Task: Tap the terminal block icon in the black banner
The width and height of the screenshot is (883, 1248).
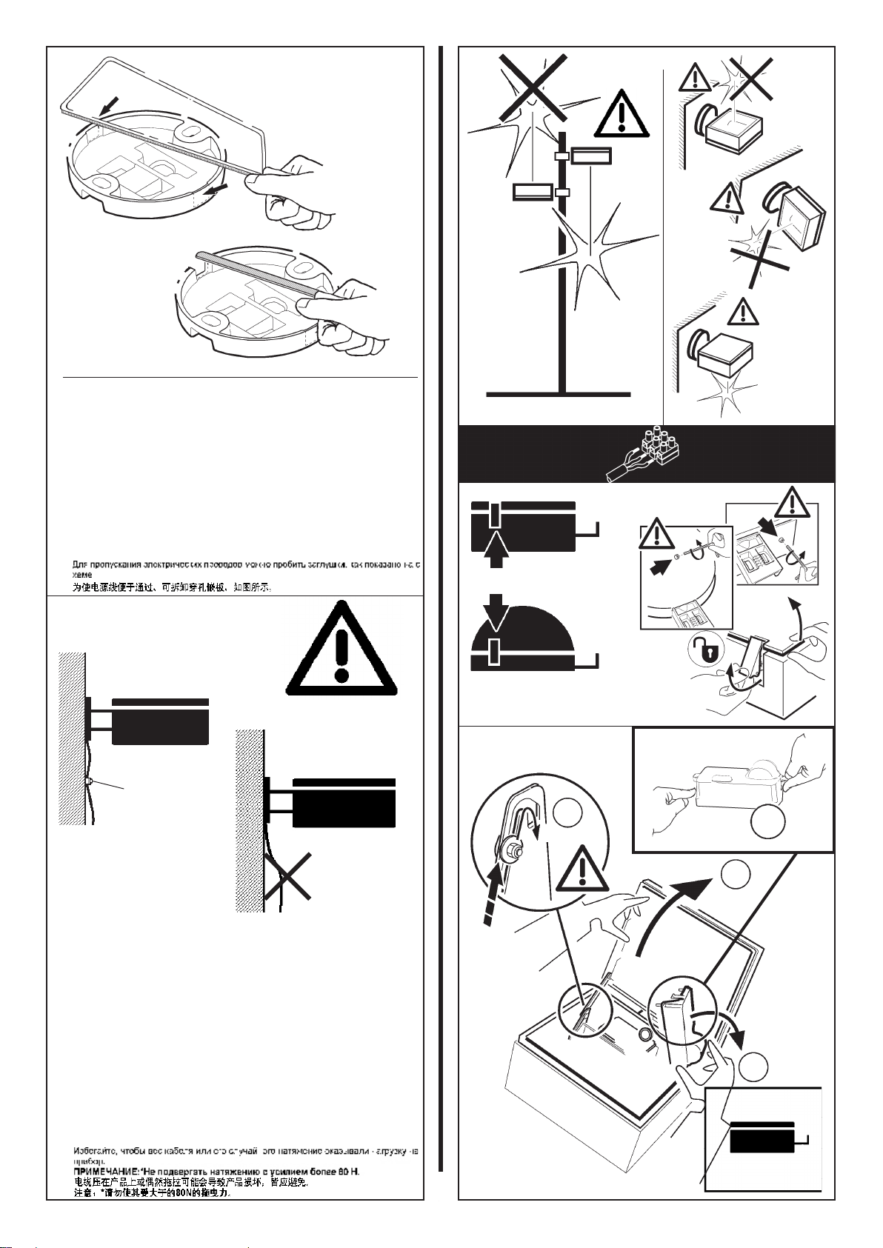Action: pyautogui.click(x=651, y=453)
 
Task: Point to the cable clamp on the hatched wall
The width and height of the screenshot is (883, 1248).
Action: pyautogui.click(x=88, y=781)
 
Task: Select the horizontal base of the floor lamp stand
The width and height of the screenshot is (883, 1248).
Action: pyautogui.click(x=559, y=394)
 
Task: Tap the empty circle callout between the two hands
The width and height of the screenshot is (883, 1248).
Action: pyautogui.click(x=767, y=821)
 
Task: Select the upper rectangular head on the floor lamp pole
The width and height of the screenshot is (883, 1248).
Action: pyautogui.click(x=590, y=155)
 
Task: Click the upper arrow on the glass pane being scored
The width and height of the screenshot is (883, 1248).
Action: pyautogui.click(x=109, y=109)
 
